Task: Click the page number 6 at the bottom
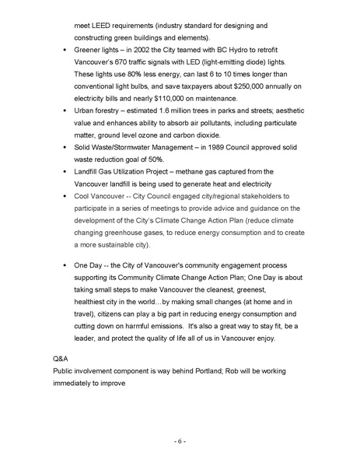point(180,441)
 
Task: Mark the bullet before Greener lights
point(65,50)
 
